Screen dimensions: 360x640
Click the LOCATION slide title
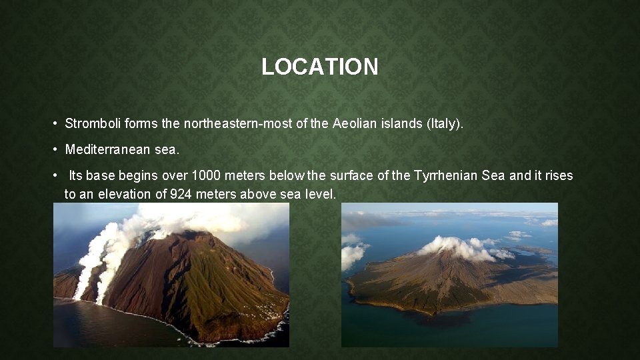(320, 67)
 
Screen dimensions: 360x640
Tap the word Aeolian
(355, 123)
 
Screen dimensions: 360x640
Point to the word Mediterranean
(107, 150)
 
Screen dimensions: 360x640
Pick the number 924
(183, 194)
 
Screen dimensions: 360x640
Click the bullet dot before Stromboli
(56, 124)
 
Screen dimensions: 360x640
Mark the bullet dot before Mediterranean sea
(56, 151)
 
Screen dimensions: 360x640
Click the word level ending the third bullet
(321, 194)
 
